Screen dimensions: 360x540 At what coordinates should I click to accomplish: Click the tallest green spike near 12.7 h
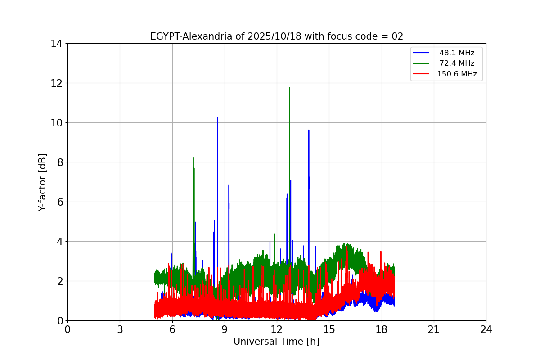[289, 88]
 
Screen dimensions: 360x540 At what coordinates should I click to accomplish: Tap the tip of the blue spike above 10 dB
[217, 118]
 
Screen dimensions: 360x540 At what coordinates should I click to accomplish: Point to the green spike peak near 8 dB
[193, 158]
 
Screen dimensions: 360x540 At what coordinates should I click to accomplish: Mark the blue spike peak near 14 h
[309, 130]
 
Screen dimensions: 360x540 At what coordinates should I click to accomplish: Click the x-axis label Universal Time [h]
[276, 342]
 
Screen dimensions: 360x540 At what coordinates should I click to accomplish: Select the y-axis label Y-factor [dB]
[42, 182]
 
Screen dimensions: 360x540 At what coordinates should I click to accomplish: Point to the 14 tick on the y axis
[56, 44]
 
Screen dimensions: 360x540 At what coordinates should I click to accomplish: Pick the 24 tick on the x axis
[486, 329]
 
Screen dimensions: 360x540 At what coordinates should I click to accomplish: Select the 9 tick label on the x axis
[225, 329]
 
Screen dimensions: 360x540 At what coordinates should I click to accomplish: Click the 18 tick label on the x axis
[382, 329]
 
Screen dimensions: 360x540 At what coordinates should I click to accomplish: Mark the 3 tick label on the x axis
[120, 329]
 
